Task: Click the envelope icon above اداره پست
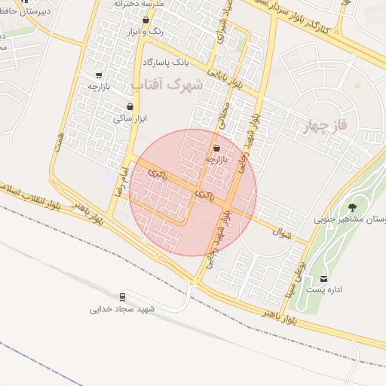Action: click(x=324, y=279)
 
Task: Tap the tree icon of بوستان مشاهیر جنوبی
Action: click(x=352, y=207)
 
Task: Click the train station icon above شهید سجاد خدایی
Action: click(x=121, y=296)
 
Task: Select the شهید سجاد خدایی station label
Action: click(x=122, y=309)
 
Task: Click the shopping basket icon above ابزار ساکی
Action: click(x=138, y=106)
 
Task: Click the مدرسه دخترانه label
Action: click(x=139, y=4)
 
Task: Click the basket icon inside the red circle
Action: click(x=217, y=149)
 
